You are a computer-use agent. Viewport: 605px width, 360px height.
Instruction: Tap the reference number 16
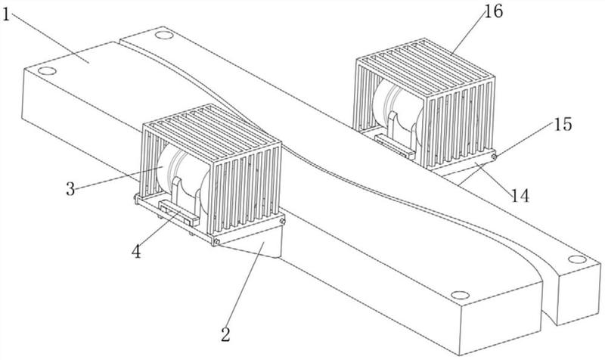[494, 11]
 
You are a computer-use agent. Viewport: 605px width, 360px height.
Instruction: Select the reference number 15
[563, 124]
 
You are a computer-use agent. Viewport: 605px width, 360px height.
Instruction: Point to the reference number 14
[520, 196]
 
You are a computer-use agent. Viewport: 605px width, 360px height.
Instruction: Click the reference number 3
[70, 189]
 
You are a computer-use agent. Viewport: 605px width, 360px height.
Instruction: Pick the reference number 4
[136, 252]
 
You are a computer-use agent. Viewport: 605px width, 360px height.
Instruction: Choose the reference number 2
[225, 334]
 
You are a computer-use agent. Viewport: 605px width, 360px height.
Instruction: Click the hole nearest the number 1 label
[47, 71]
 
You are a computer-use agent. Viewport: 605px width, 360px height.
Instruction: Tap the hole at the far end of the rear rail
[164, 35]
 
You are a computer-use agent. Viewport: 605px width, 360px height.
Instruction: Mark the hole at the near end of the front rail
[460, 296]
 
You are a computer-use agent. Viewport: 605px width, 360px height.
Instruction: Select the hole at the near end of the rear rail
[577, 259]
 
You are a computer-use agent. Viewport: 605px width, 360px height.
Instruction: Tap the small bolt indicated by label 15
[494, 157]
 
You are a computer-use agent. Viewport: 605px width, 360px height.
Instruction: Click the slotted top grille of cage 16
[425, 63]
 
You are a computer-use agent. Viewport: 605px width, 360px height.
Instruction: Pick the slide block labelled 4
[178, 213]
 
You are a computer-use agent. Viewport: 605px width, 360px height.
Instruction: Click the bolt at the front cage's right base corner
[282, 221]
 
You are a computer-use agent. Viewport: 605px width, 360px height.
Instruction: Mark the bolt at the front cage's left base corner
[136, 198]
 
